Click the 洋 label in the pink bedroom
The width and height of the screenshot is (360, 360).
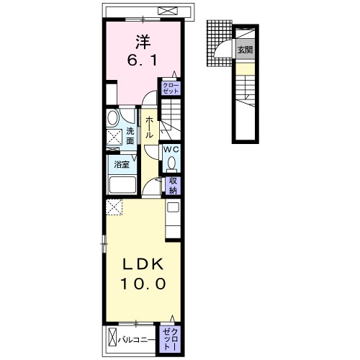pyautogui.click(x=143, y=42)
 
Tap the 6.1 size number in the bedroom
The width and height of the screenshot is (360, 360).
pyautogui.click(x=143, y=60)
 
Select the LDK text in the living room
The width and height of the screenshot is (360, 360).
pyautogui.click(x=143, y=264)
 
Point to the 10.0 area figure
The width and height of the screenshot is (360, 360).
pyautogui.click(x=143, y=284)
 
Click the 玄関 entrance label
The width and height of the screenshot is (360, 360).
pyautogui.click(x=245, y=50)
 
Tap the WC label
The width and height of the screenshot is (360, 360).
pyautogui.click(x=171, y=150)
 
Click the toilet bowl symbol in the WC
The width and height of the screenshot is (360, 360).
pyautogui.click(x=171, y=163)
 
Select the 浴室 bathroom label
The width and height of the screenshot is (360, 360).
pyautogui.click(x=122, y=165)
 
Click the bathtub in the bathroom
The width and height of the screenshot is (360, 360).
pyautogui.click(x=122, y=184)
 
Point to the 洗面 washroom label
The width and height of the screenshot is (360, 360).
pyautogui.click(x=130, y=136)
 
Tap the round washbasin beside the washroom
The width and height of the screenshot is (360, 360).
pyautogui.click(x=113, y=117)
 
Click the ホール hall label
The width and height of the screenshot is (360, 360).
pyautogui.click(x=149, y=127)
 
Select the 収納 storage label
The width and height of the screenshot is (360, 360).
pyautogui.click(x=173, y=186)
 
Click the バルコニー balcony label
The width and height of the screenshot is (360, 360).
pyautogui.click(x=136, y=340)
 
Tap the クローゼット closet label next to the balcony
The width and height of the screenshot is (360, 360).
pyautogui.click(x=170, y=339)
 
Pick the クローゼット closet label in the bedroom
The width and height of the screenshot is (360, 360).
pyautogui.click(x=171, y=88)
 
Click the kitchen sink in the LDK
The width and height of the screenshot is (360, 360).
pyautogui.click(x=173, y=207)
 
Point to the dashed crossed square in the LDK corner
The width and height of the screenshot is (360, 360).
pyautogui.click(x=114, y=207)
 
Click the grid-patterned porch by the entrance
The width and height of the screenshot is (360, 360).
pyautogui.click(x=219, y=43)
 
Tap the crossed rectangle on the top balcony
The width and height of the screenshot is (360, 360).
pyautogui.click(x=168, y=11)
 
